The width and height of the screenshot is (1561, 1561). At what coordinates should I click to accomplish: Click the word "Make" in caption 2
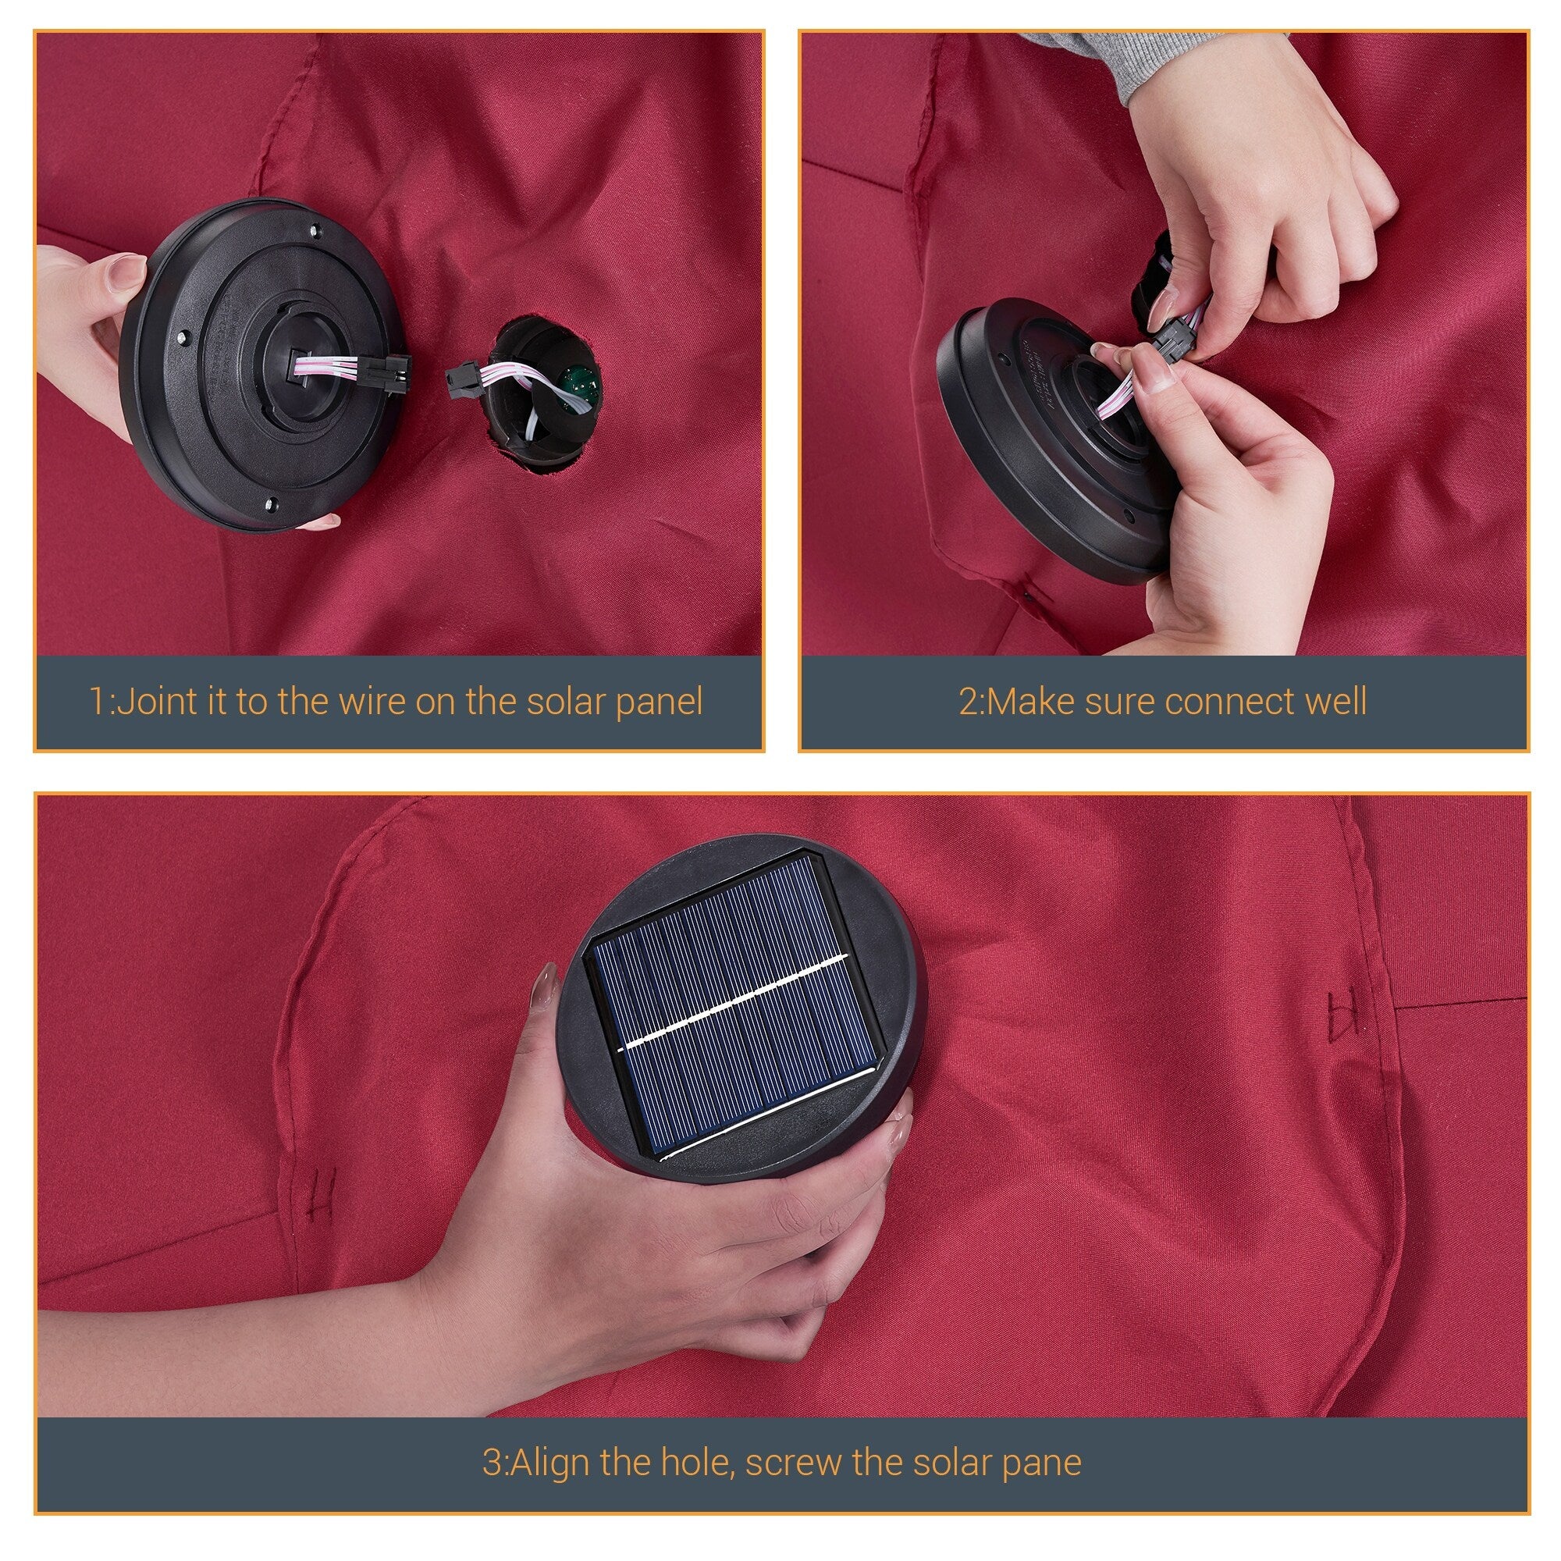click(1031, 701)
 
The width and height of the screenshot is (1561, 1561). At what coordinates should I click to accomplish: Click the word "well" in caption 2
click(1336, 701)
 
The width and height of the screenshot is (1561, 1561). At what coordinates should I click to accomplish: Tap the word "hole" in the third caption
click(697, 1463)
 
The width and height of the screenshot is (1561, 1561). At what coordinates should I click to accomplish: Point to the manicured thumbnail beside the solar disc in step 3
click(544, 986)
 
